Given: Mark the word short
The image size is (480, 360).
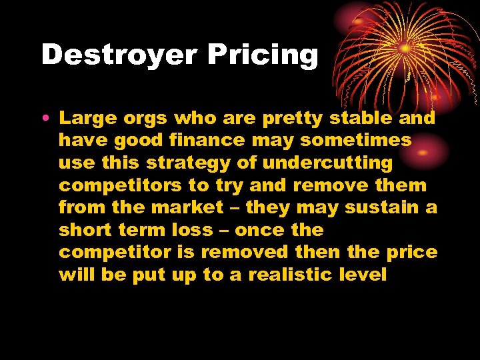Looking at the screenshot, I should (85, 230).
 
